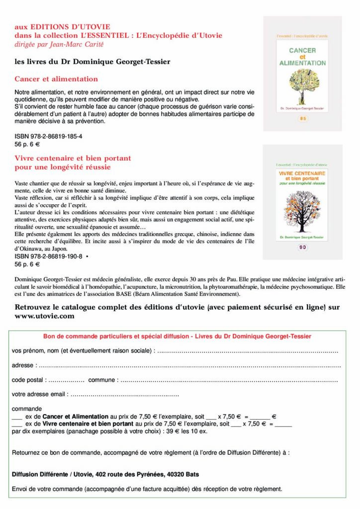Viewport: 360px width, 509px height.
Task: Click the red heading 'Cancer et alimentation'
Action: coord(56,79)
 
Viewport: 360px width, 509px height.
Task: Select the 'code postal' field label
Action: coord(29,380)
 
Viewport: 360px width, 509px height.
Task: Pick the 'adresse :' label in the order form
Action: coord(23,366)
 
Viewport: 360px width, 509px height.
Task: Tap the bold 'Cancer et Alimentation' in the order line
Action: coord(76,417)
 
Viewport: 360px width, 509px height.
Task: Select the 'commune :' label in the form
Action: coord(103,380)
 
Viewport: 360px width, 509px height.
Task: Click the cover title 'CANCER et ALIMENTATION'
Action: coord(302,57)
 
